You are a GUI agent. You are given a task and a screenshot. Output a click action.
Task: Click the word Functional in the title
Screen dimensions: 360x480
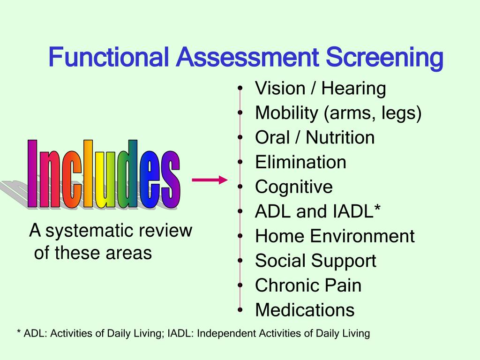[109, 58]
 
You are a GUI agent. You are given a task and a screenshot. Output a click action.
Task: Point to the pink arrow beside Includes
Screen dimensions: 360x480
[210, 180]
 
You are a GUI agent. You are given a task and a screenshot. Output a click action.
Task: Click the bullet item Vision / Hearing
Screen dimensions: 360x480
[320, 88]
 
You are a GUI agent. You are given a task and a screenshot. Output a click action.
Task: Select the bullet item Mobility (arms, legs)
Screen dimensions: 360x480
[338, 113]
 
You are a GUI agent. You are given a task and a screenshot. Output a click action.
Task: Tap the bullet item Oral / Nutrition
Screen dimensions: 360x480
[315, 138]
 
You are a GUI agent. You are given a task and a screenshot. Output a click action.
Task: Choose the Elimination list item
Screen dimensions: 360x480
[300, 162]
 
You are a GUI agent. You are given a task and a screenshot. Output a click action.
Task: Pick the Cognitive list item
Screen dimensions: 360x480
[294, 187]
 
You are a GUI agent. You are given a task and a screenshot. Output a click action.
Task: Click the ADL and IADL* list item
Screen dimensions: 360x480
[318, 211]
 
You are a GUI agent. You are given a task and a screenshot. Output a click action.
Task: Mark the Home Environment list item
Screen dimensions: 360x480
[335, 236]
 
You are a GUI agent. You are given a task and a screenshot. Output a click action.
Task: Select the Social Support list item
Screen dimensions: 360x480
[315, 261]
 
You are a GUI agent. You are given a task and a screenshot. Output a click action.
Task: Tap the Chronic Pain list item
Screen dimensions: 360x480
[308, 285]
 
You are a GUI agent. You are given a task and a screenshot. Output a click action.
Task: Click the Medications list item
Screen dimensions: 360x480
[305, 310]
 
